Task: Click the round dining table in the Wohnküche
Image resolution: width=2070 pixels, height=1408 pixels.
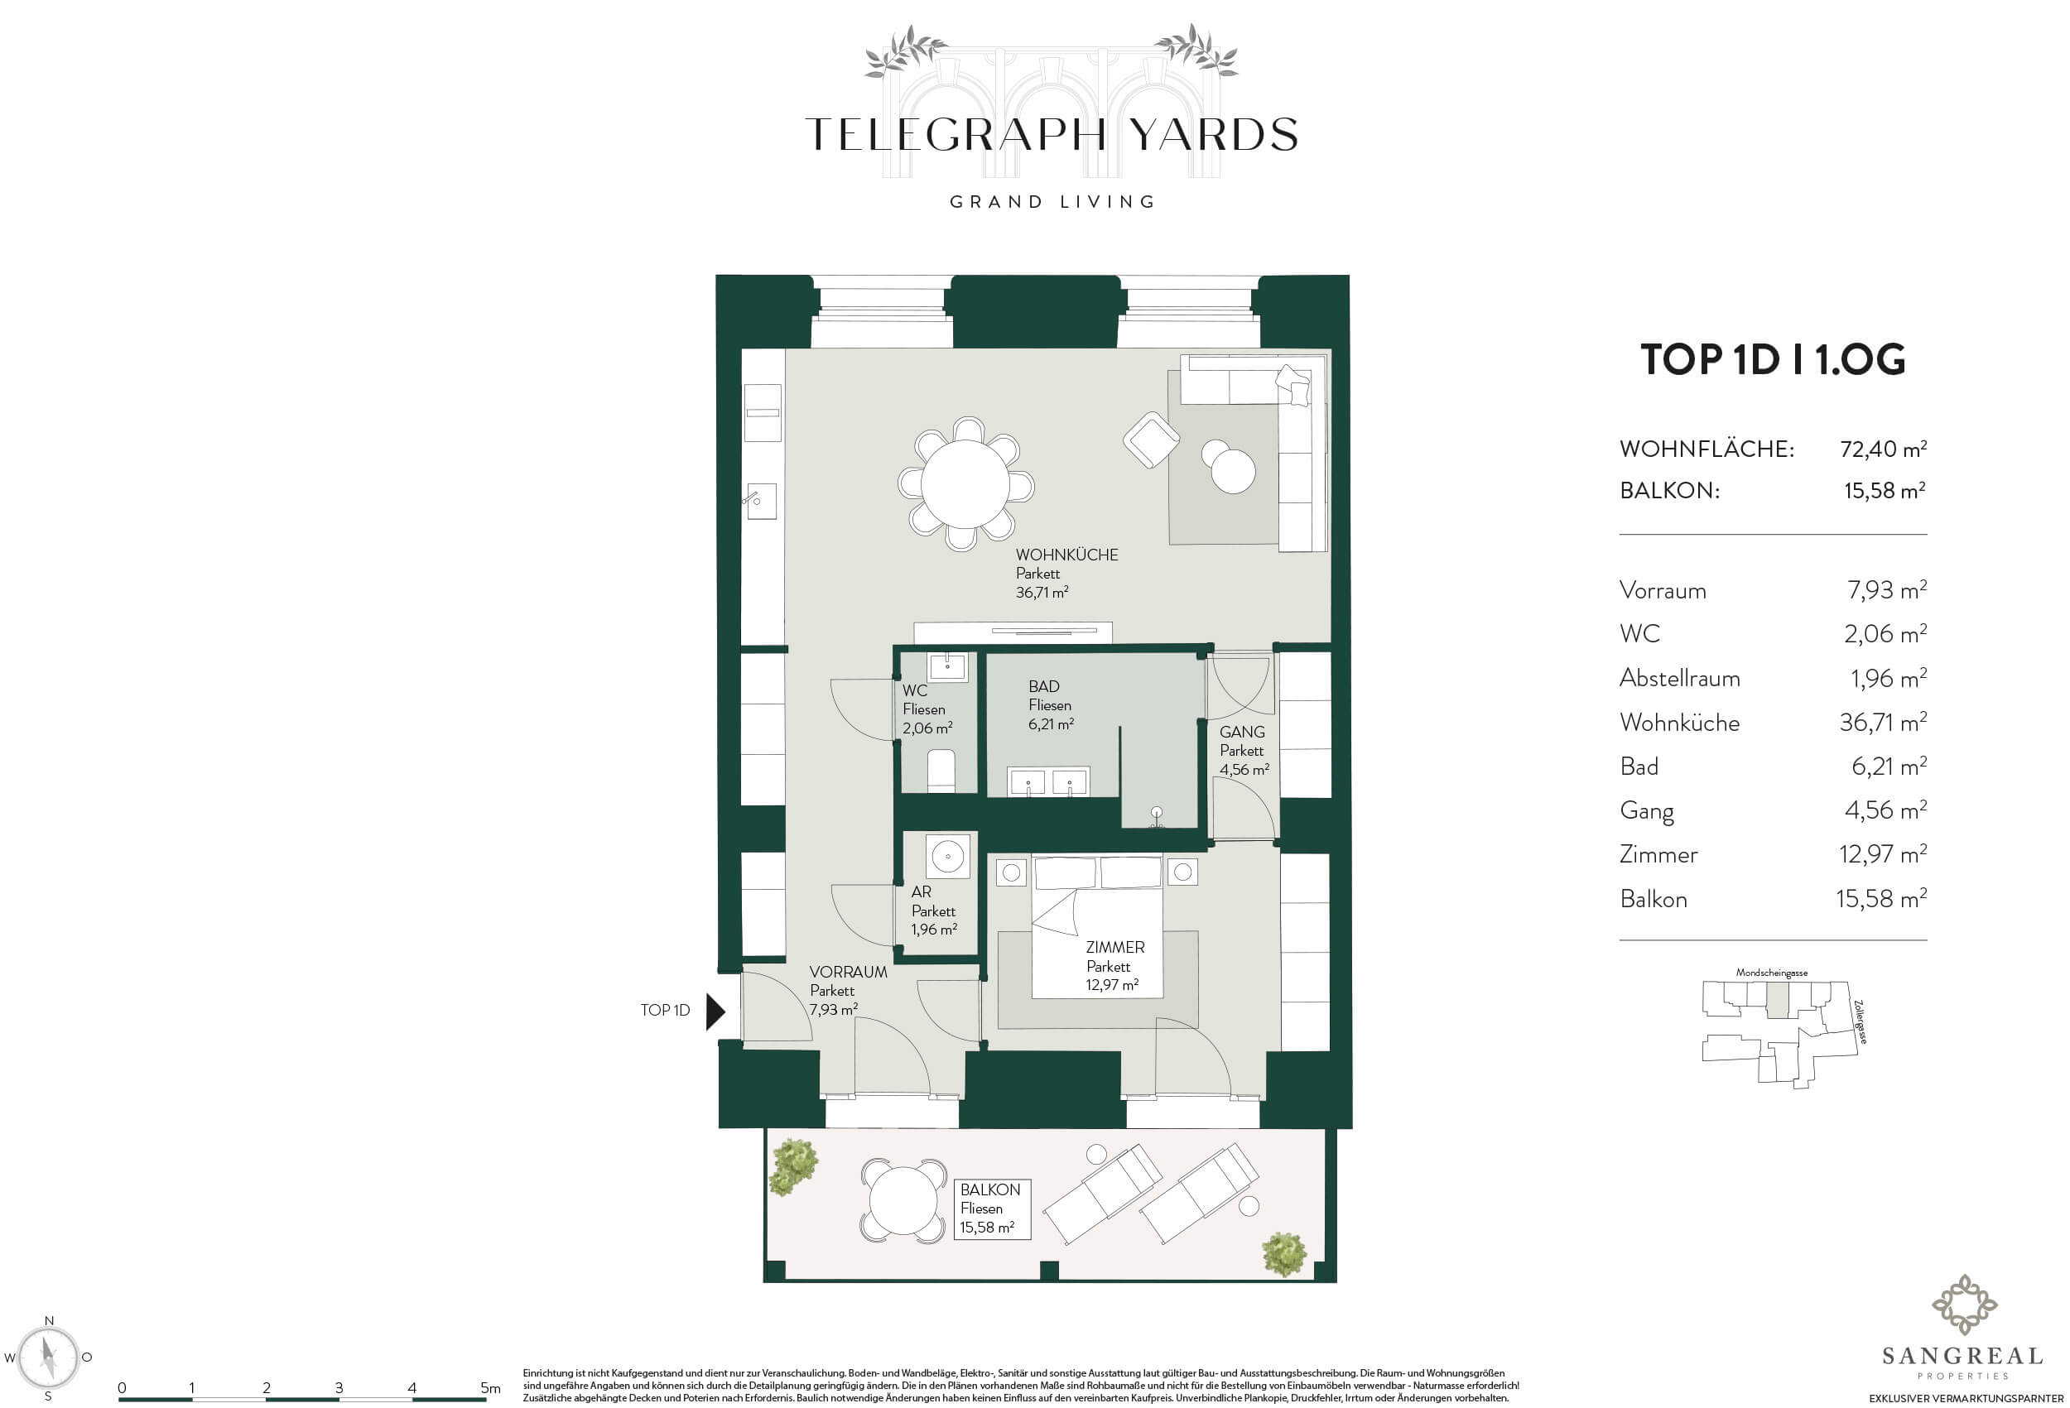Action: click(965, 485)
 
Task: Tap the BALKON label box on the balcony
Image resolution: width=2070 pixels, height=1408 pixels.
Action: click(991, 1209)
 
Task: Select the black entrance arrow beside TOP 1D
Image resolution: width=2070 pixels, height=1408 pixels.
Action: click(716, 1012)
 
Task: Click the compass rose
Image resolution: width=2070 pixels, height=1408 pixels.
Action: click(50, 1358)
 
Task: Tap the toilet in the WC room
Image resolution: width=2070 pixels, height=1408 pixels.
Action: click(941, 771)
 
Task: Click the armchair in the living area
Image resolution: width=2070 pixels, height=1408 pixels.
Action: click(1152, 440)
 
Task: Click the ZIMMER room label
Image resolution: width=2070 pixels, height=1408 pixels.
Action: click(1114, 948)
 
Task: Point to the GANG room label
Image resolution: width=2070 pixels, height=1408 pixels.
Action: click(1242, 732)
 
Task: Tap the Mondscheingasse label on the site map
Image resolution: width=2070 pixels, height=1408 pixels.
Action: click(1772, 973)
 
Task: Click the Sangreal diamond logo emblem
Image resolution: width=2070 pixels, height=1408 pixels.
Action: click(1963, 1305)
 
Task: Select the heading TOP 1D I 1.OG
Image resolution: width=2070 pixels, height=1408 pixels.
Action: click(1773, 359)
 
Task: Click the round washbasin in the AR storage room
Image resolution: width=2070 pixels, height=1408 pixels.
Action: click(947, 858)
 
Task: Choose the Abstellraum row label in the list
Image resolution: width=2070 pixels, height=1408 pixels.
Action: click(1679, 679)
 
